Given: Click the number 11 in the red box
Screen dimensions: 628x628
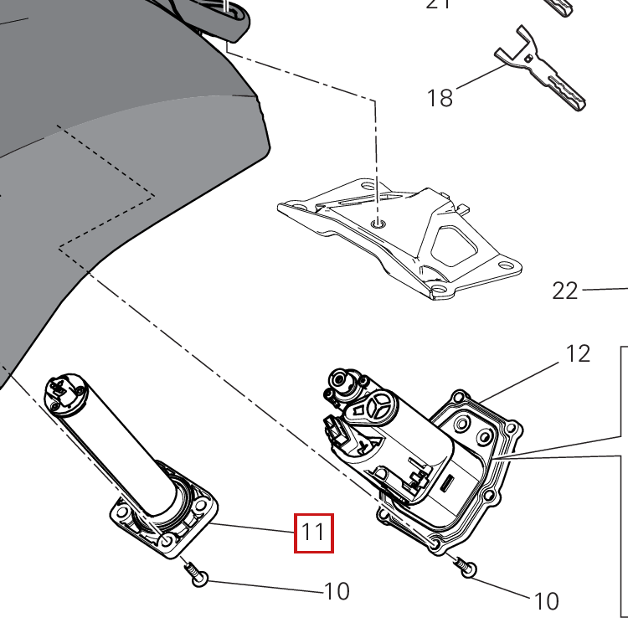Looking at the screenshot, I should pos(313,533).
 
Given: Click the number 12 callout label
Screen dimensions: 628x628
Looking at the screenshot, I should pos(578,353).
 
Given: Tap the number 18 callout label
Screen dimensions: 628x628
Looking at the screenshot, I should pos(440,98).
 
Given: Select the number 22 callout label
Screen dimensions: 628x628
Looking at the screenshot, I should pos(565,291).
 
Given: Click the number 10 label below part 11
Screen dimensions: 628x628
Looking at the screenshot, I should pos(336,592).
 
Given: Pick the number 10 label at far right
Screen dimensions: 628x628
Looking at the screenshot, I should pos(545,600).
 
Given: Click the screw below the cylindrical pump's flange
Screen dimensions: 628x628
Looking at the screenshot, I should pos(198,575).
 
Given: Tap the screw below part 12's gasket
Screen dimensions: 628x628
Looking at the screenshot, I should pos(466,568).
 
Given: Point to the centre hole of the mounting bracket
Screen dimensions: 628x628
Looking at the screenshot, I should pos(378,224).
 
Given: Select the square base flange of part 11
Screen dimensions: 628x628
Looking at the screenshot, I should pos(165,519).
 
